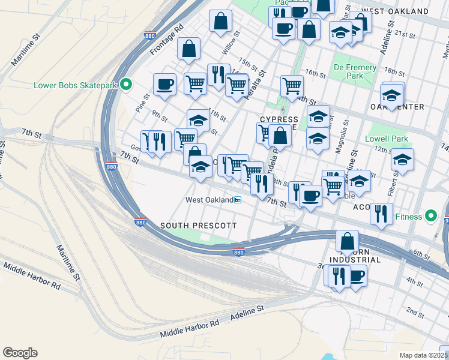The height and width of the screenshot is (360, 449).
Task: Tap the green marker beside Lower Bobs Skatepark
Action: click(x=126, y=85)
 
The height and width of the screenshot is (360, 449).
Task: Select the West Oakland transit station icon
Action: click(x=238, y=200)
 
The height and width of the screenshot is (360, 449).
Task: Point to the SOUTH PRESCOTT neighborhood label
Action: click(x=199, y=225)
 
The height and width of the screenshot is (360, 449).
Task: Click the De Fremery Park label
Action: click(x=355, y=72)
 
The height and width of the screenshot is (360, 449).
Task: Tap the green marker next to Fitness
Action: click(x=430, y=215)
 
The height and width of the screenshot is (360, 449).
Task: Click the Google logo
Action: click(x=20, y=353)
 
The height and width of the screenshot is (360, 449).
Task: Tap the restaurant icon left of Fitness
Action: click(x=381, y=214)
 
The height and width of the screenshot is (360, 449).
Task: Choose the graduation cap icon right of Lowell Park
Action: click(x=402, y=160)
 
